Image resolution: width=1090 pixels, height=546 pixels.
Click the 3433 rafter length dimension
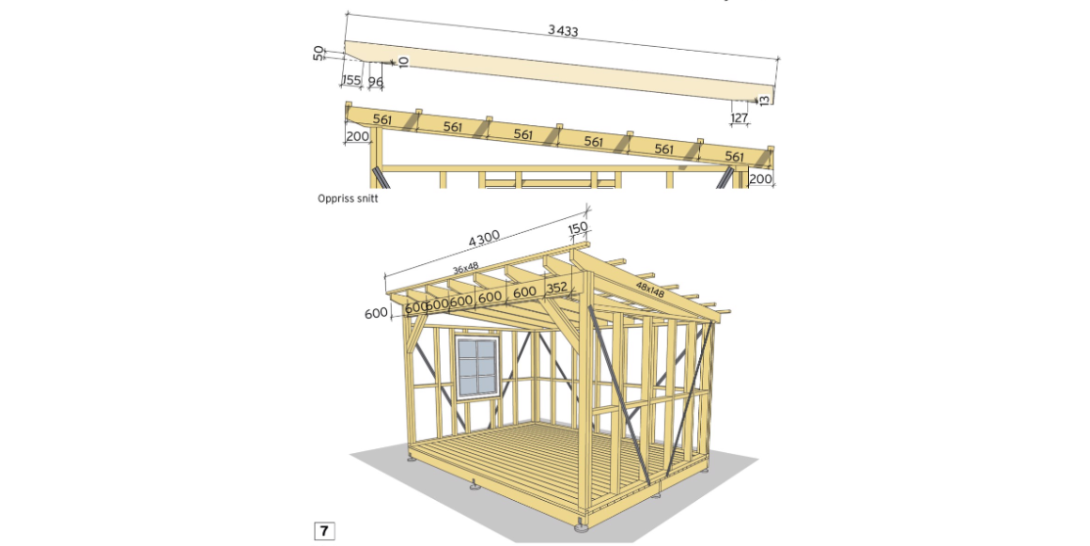563,30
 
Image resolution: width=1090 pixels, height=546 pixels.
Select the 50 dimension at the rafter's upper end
319,53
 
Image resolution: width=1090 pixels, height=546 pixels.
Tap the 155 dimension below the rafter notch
351,81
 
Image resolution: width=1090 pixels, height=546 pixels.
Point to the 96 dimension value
375,83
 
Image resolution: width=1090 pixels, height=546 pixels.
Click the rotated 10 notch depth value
403,61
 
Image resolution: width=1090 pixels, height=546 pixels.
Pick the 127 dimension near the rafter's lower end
739,117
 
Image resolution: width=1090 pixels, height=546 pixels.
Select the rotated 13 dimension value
766,97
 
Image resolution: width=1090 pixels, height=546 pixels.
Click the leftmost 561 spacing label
381,119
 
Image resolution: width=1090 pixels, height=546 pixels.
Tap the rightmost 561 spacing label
734,156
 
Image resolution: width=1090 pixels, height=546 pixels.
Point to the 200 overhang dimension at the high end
357,136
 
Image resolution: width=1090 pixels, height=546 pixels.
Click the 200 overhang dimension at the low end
760,179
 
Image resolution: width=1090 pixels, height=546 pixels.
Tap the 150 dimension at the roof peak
578,228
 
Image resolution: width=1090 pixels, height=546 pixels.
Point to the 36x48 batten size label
465,269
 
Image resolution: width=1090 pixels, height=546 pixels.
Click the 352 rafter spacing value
557,289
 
